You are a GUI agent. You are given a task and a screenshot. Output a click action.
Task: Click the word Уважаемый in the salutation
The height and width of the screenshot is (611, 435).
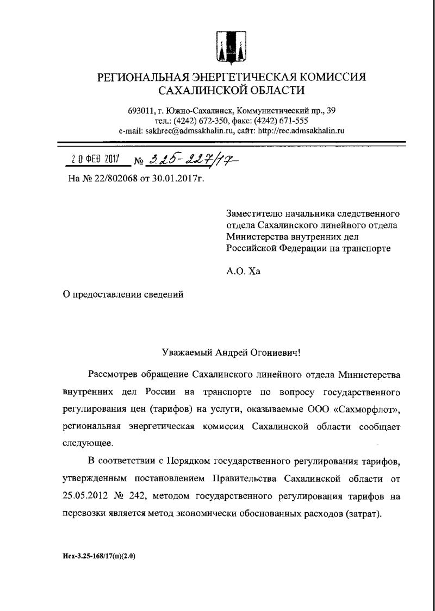(x=186, y=352)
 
